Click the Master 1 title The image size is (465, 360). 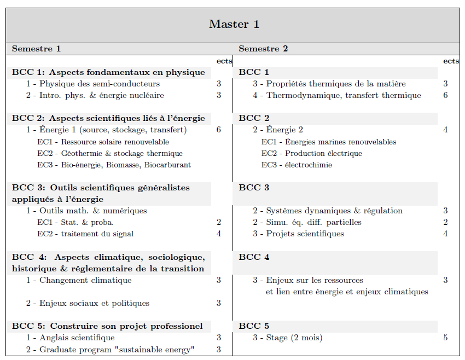click(x=234, y=24)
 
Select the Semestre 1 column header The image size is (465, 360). click(x=36, y=49)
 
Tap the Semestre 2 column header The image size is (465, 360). click(x=263, y=49)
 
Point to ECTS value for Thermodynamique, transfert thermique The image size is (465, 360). click(x=445, y=95)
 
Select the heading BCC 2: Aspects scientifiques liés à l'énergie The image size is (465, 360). click(x=108, y=118)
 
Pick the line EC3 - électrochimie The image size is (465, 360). click(x=297, y=165)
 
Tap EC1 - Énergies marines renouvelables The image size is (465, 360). click(x=329, y=142)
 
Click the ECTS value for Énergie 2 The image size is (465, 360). click(x=445, y=130)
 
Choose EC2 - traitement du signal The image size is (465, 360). click(x=85, y=234)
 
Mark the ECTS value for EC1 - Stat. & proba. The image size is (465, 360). click(x=219, y=222)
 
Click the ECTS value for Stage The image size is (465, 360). click(x=445, y=338)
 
